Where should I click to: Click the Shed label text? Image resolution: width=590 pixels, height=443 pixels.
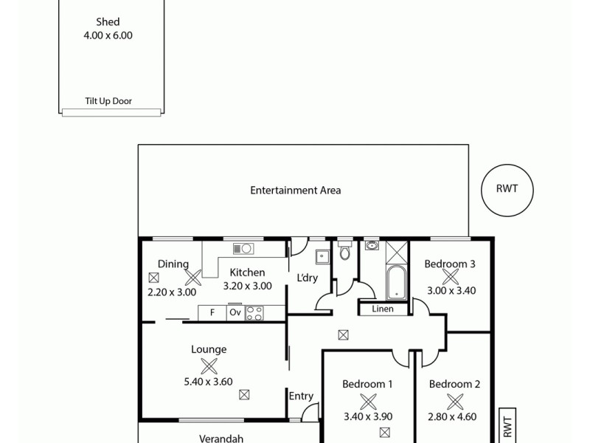point(108,22)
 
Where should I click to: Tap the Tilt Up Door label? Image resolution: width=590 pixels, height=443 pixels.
point(108,101)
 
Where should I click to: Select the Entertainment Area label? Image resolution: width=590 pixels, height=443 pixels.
point(295,190)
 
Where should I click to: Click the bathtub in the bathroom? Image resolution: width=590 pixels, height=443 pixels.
point(396,283)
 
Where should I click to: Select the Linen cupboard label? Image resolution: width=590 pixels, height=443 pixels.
point(382,309)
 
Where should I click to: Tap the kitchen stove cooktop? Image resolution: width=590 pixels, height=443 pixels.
point(254,312)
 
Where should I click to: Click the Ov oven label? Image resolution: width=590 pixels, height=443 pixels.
point(235,312)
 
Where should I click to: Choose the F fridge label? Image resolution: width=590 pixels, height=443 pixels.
point(212,312)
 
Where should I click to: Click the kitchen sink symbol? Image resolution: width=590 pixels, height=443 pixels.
point(243,248)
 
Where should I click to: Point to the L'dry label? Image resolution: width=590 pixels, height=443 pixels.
point(307,278)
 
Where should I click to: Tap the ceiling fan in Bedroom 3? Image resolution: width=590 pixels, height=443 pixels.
point(451,278)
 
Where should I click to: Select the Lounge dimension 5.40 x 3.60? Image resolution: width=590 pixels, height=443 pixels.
point(209,382)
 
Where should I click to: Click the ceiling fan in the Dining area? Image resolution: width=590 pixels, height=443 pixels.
point(193,278)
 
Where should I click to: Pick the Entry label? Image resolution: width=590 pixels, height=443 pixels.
point(301,396)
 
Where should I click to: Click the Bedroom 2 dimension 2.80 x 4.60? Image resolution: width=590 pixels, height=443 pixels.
point(454,416)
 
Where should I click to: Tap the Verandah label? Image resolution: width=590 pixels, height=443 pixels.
point(221,438)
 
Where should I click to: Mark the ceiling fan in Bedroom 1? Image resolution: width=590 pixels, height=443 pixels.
point(367,401)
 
